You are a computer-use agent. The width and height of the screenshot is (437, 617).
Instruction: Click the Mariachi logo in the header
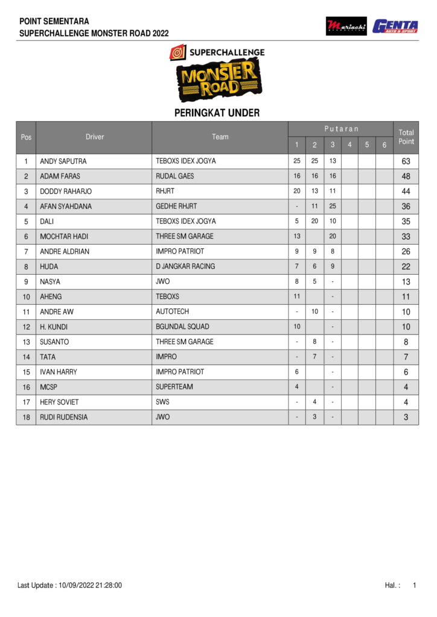[346, 26]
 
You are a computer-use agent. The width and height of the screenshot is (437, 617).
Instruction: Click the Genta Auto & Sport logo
[395, 26]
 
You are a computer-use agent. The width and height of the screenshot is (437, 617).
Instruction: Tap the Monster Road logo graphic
[218, 81]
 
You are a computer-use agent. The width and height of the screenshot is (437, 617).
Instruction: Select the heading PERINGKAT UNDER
[217, 113]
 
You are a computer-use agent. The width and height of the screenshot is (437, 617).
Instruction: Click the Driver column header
[95, 137]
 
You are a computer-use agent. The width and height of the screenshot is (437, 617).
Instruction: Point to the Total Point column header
[406, 137]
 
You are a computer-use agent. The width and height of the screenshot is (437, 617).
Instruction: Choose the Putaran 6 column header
[384, 145]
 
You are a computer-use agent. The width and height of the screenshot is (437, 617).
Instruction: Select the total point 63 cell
[406, 161]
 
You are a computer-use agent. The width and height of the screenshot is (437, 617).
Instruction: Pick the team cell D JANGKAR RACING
[185, 266]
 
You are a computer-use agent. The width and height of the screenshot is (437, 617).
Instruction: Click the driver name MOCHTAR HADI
[64, 236]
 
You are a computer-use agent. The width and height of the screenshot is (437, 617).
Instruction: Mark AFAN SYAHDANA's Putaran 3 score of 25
[333, 206]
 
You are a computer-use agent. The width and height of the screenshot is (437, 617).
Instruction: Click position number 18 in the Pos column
[26, 417]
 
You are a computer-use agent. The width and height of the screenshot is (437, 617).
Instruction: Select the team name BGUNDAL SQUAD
[182, 327]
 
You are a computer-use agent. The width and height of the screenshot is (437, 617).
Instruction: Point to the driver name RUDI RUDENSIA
[63, 417]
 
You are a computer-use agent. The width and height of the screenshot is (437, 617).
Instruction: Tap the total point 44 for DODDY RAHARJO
[406, 192]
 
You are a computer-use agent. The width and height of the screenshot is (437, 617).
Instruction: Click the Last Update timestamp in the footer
[69, 585]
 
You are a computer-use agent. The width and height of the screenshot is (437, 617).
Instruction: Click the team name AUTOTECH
[172, 312]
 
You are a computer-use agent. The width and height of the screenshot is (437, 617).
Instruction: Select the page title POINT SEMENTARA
[54, 21]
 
